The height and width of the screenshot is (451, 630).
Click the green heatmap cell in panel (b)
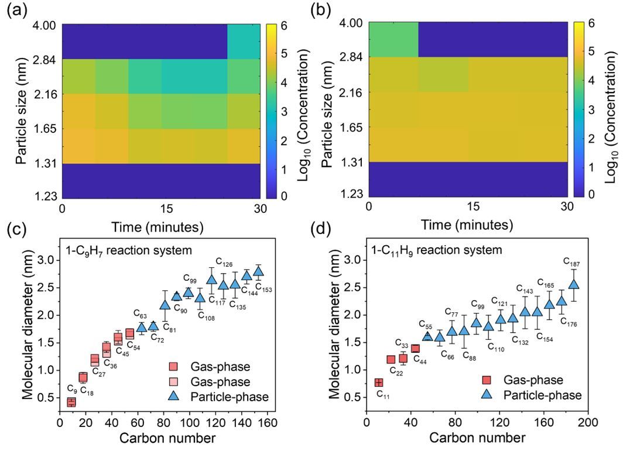(393, 39)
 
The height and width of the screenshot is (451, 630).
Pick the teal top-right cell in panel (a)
(244, 41)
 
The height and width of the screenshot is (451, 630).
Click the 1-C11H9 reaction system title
(437, 250)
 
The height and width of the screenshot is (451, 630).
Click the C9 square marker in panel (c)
(71, 402)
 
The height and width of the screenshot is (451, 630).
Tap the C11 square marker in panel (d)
(378, 382)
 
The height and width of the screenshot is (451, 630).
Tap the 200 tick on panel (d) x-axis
(590, 422)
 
